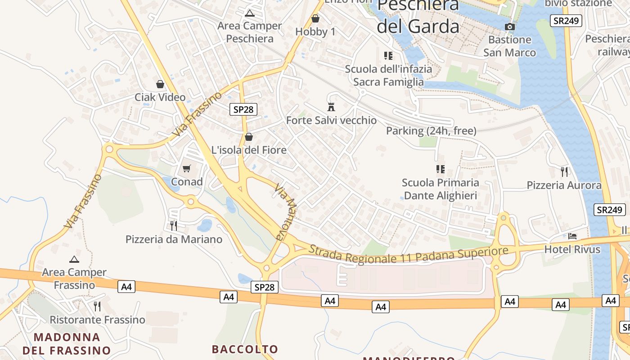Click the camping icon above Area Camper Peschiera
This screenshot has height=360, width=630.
pos(250,13)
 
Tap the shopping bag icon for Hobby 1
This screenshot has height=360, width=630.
pos(315,18)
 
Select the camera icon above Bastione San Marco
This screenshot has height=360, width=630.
pos(510,27)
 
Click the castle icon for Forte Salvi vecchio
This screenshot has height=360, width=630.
pos(332,107)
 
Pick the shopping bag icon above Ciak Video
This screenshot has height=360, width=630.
pos(160,84)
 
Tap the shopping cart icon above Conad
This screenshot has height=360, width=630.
pos(187,169)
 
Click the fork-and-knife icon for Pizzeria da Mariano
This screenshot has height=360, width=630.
pos(174,225)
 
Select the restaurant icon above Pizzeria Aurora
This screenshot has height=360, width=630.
pos(564,171)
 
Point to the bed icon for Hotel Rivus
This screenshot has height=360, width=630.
pos(572,236)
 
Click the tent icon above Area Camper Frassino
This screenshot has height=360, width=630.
pos(74,259)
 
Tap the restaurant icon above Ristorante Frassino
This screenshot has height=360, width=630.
pos(97,306)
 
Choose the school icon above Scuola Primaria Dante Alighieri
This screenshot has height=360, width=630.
pos(440,169)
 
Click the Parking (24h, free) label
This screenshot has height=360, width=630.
pos(431,131)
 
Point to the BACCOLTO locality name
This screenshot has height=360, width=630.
pos(245,349)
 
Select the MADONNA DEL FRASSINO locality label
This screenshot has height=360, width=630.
pos(67,343)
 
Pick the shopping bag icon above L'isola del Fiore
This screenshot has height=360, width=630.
pos(249,137)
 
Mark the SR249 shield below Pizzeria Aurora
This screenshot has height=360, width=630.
pos(610,210)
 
